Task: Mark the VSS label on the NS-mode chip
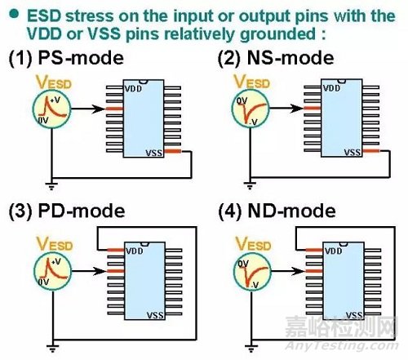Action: pos(353,151)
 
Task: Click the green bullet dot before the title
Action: pos(16,16)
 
